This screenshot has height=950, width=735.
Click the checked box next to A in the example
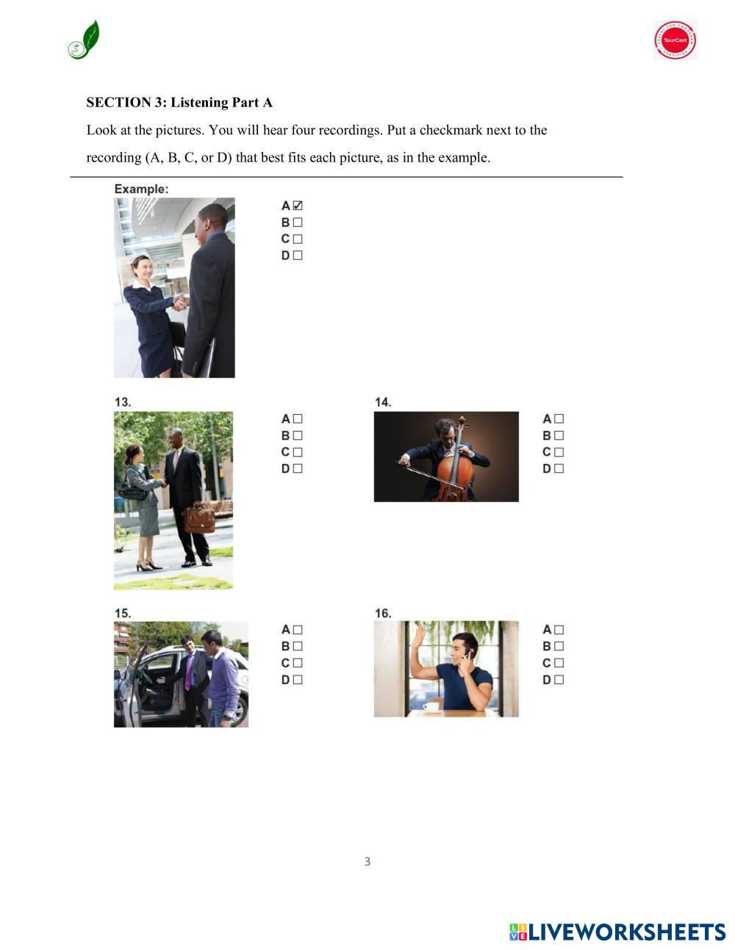(x=298, y=206)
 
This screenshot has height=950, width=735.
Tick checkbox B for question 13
(x=298, y=435)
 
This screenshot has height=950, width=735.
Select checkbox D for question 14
(x=559, y=468)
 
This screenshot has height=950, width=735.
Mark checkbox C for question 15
(x=298, y=663)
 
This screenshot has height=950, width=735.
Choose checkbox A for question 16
(x=559, y=630)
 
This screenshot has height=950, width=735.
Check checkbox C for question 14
(x=559, y=452)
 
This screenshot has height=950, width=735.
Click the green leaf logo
(x=84, y=40)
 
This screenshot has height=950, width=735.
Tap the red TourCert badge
(x=675, y=40)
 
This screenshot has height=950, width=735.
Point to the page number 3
(x=367, y=861)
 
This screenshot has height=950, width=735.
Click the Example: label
(x=141, y=189)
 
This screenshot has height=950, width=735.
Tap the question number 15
(x=123, y=613)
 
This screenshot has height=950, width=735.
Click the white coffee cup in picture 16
(x=431, y=706)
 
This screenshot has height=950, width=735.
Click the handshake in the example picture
(x=180, y=302)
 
